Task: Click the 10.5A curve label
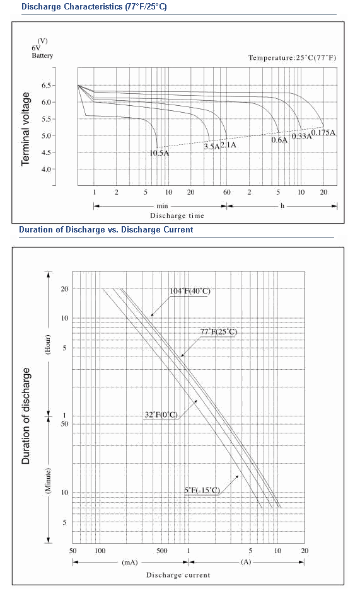(x=160, y=153)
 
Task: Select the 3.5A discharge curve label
(x=212, y=147)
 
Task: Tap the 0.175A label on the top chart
(x=323, y=132)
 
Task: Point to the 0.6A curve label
(x=279, y=140)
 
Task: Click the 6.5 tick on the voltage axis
(x=46, y=85)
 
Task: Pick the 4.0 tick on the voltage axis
(x=46, y=169)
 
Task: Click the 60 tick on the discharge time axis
(x=227, y=192)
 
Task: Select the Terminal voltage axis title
(x=25, y=129)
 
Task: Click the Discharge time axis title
(x=177, y=215)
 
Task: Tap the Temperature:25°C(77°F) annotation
(x=292, y=57)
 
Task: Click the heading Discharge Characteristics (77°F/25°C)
(x=94, y=7)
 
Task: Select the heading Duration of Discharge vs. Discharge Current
(x=106, y=229)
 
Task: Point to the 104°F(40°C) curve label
(x=190, y=291)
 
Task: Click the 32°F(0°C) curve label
(x=161, y=415)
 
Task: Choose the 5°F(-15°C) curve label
(x=202, y=490)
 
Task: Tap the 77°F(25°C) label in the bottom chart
(x=218, y=332)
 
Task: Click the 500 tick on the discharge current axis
(x=161, y=551)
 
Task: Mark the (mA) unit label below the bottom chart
(x=130, y=563)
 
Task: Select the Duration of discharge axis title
(x=25, y=416)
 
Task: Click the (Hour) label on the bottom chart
(x=47, y=344)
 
